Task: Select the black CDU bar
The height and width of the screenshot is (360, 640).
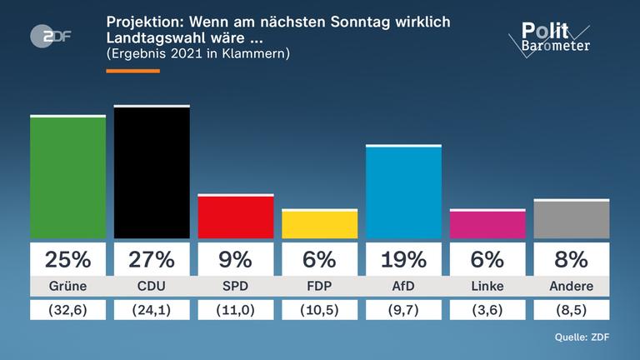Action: tap(152, 172)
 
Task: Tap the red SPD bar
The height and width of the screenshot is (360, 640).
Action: tap(236, 217)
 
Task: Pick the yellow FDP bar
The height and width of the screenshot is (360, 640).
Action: tap(319, 224)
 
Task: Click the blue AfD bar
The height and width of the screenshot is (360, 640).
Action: tap(403, 192)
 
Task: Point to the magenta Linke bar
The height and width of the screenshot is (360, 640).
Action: tap(487, 224)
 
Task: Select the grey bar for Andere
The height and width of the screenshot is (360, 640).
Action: tap(572, 219)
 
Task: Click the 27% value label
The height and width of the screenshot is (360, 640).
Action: tap(152, 259)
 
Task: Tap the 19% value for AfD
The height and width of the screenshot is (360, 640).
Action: tap(403, 259)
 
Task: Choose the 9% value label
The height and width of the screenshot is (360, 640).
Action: tap(236, 259)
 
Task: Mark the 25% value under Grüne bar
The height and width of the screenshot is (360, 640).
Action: tap(67, 259)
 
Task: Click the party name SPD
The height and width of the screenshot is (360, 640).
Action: tap(236, 287)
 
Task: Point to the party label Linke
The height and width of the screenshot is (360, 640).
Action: tap(487, 287)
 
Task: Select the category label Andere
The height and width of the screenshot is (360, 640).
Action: tap(572, 287)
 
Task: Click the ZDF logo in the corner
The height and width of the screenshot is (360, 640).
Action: tap(46, 36)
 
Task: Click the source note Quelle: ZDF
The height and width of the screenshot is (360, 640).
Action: tap(582, 337)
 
